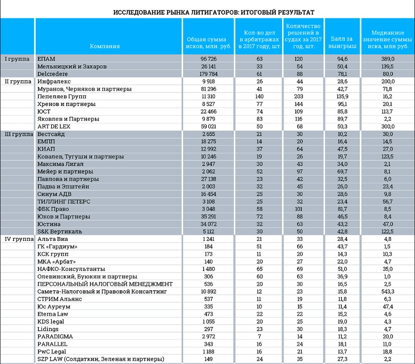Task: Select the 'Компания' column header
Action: coord(105,46)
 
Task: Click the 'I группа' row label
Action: coord(17,59)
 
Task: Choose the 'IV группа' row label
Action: coord(17,239)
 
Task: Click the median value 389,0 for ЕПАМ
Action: coord(388,59)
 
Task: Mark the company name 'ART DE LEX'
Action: coord(53,126)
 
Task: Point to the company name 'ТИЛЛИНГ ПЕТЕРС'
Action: coord(63,201)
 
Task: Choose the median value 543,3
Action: coord(388,292)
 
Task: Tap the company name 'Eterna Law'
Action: coord(51,314)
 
